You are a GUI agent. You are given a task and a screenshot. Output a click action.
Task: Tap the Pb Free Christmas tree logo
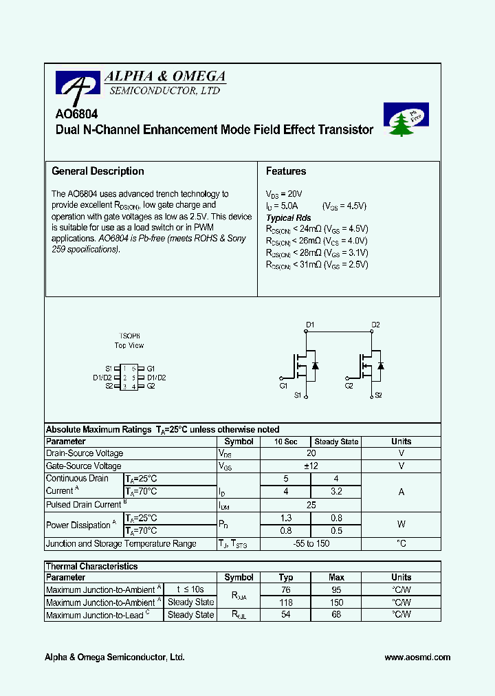(x=406, y=120)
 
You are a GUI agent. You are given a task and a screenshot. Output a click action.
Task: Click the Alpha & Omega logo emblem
(x=78, y=85)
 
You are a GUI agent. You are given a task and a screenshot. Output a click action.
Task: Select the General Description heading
(x=98, y=171)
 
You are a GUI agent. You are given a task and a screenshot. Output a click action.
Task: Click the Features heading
(x=286, y=171)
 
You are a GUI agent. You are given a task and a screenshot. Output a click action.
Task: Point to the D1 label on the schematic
(x=310, y=325)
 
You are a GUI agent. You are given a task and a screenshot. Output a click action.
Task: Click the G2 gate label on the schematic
(x=349, y=387)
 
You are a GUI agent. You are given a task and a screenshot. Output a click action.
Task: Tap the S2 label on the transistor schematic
(x=378, y=395)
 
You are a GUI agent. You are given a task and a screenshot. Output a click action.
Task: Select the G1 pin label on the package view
(x=151, y=369)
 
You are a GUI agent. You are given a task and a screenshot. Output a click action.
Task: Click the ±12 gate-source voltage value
(x=311, y=466)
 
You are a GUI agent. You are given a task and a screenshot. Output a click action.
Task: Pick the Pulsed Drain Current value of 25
(x=311, y=505)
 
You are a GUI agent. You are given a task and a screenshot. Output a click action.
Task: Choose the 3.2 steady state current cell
(x=335, y=492)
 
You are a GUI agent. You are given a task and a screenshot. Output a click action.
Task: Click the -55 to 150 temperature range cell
(x=311, y=544)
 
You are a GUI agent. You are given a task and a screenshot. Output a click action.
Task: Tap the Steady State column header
(x=336, y=442)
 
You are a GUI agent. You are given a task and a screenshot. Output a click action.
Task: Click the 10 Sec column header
(x=286, y=442)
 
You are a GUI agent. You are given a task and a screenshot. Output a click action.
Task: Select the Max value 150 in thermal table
(x=336, y=602)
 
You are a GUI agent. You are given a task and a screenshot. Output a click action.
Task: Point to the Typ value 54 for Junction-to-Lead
(x=286, y=615)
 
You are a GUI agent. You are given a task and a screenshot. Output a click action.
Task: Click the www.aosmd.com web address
(x=417, y=657)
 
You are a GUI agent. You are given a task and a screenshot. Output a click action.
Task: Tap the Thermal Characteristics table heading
(x=91, y=567)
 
